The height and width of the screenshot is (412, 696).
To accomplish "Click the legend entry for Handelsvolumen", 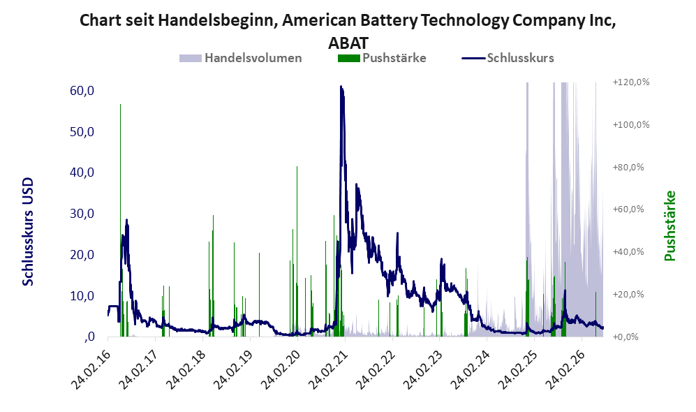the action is tap(241, 58).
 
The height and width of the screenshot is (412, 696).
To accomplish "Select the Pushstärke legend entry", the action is tap(382, 58).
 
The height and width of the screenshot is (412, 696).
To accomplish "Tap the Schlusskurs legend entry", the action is tap(508, 58).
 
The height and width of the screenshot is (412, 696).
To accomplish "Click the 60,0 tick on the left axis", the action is tap(82, 91).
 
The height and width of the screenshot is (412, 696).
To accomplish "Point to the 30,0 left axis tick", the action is tap(82, 214).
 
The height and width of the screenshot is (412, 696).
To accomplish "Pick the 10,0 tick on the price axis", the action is tap(82, 295).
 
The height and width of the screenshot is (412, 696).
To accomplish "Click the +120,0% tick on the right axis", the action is tap(631, 82).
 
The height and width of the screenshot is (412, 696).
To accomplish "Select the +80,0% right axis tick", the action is tap(628, 167).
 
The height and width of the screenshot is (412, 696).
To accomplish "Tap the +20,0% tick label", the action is tap(628, 295).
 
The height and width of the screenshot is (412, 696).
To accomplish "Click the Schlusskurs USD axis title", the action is tap(28, 232).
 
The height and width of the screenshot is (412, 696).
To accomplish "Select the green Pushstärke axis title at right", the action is tap(669, 226).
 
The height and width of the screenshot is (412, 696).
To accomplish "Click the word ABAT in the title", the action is tap(348, 43).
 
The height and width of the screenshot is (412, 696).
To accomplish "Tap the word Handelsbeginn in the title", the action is tap(216, 20).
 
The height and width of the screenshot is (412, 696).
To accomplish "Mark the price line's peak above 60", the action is tap(341, 86).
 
